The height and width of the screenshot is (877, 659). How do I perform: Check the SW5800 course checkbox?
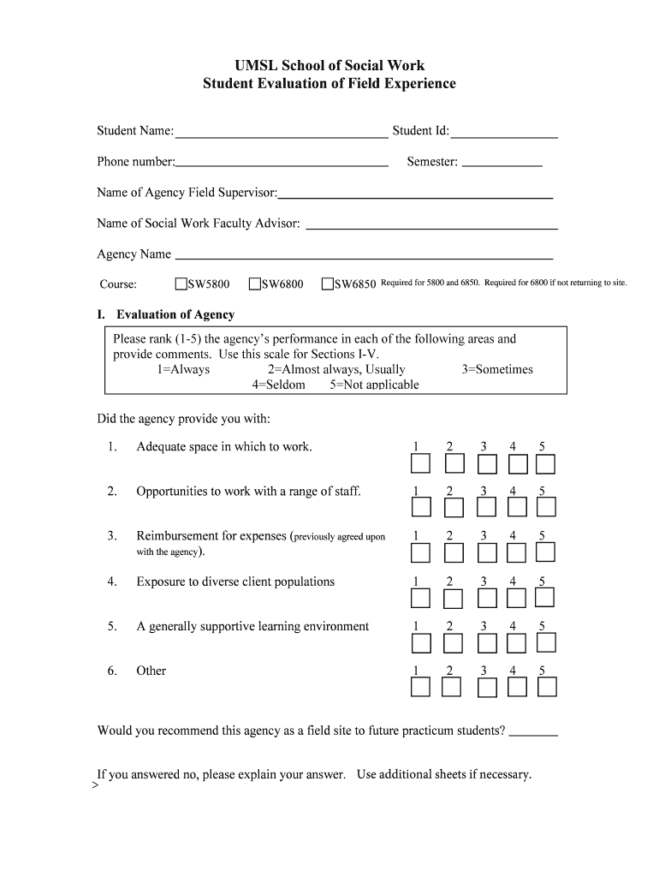point(181,283)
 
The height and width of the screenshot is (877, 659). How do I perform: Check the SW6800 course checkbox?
point(255,283)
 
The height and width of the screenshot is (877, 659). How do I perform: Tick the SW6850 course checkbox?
point(328,283)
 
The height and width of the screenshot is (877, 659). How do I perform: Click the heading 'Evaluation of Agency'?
point(175,314)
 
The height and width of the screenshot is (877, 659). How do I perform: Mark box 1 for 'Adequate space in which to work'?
point(420,464)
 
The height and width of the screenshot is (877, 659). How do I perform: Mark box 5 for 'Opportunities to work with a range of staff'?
point(546,508)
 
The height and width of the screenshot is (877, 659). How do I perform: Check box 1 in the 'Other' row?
point(420,687)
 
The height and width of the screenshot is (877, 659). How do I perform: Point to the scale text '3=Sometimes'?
point(497,370)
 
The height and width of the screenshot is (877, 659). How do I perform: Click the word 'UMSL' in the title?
point(256,65)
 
